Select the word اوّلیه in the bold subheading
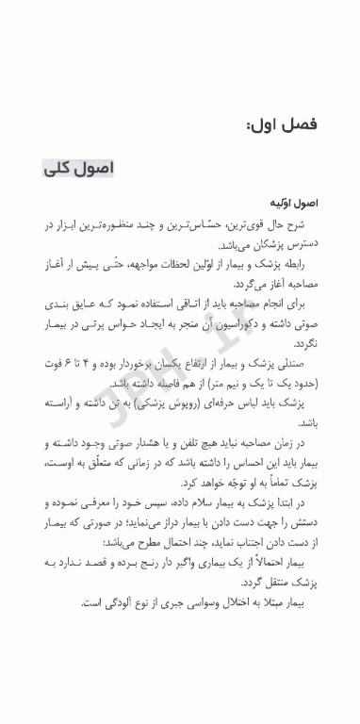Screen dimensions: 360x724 point(281,203)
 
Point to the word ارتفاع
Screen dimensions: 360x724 point(201,363)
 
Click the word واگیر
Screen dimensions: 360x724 point(181,562)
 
